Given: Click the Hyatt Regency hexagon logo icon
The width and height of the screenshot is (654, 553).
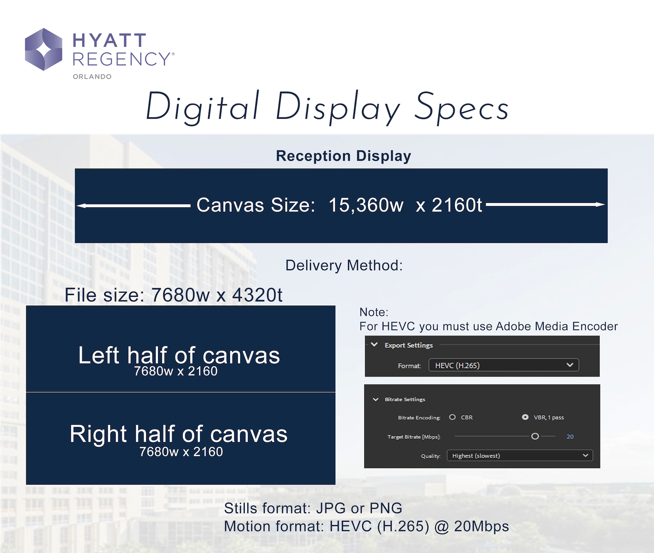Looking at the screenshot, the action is tap(44, 50).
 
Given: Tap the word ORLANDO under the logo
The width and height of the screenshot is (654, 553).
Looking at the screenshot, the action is tap(92, 77).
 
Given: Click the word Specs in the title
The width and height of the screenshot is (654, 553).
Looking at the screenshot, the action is tap(462, 107).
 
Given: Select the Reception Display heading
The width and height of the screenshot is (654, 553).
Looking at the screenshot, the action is tap(343, 156).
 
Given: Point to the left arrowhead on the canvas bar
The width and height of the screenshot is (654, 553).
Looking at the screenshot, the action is tap(82, 206).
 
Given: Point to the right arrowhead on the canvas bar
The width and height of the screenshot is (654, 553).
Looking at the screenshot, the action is tap(600, 204).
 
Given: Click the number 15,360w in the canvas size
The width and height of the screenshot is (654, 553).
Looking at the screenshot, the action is tap(366, 205).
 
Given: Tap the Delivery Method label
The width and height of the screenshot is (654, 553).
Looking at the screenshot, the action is tap(344, 265).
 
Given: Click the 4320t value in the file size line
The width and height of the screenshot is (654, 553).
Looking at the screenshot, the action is tap(257, 295).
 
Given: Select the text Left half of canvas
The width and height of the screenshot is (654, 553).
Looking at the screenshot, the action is tap(179, 355).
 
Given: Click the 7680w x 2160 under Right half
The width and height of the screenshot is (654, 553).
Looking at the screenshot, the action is tap(181, 452).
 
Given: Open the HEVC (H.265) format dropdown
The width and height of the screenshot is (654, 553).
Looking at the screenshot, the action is tap(504, 365).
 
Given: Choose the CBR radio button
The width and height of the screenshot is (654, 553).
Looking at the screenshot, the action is tap(453, 417).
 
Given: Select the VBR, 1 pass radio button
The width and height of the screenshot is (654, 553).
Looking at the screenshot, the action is tap(525, 417).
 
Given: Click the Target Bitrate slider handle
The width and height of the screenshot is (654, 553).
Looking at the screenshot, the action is tap(535, 436).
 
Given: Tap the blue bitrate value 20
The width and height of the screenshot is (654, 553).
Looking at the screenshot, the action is tap(570, 436).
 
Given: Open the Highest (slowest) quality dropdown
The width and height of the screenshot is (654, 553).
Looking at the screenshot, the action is tap(520, 456).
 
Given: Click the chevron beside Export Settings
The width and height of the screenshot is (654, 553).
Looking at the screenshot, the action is tap(374, 344).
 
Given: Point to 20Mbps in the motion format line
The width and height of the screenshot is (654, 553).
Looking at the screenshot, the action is tap(481, 526).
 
